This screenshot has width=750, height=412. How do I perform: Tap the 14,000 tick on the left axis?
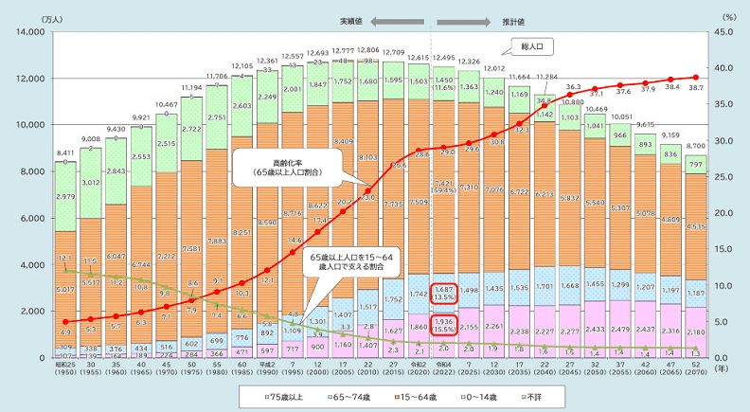click(34, 32)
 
